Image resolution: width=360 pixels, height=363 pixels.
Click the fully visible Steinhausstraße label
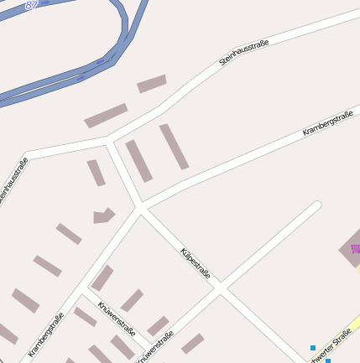pos(243,48)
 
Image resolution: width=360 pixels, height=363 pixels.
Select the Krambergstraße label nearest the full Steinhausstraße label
pos(326,122)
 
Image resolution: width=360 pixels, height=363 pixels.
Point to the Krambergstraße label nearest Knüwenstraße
pos(45,334)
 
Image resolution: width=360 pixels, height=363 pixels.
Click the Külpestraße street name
pos(196,263)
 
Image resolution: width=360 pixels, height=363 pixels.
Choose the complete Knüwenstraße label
pos(116,319)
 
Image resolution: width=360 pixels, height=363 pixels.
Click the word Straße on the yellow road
pos(341,341)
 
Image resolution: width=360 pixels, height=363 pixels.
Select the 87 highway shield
pos(32,4)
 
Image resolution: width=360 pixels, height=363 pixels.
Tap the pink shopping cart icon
pos(355,249)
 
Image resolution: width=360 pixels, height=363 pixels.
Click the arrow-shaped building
pos(103,215)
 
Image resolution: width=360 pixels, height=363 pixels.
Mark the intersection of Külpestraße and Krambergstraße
pos(140,207)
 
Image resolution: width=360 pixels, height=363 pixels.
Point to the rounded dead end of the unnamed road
pos(316,205)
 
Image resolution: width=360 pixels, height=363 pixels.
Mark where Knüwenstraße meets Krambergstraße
pos(82,295)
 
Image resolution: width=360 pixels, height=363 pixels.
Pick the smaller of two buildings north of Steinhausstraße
pos(152,84)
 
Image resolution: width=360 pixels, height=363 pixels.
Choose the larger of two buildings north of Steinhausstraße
pos(106,116)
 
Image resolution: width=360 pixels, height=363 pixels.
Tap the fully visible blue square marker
pos(313,347)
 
